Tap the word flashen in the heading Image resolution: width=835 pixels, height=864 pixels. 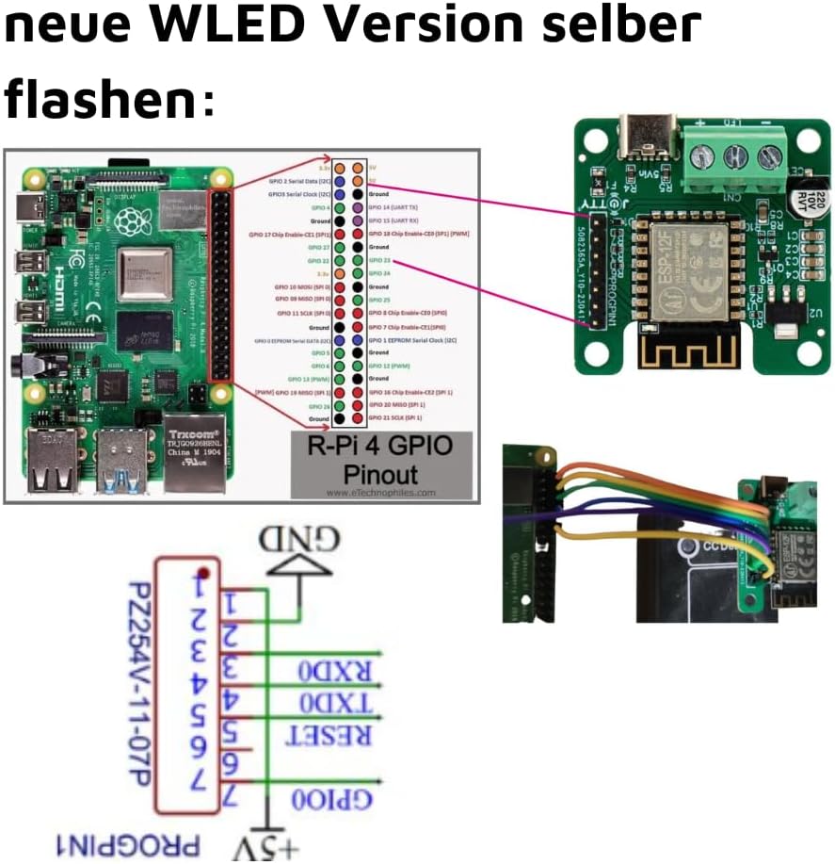pyautogui.click(x=100, y=98)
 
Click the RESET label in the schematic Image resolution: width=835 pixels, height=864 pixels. pyautogui.click(x=336, y=735)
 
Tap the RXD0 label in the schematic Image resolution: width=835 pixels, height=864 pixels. pyautogui.click(x=336, y=672)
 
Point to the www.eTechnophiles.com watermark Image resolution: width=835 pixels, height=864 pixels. pyautogui.click(x=380, y=492)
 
